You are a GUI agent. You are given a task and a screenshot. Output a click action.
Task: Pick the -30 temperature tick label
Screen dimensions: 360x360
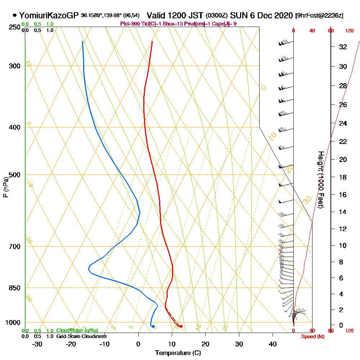[x=37, y=344]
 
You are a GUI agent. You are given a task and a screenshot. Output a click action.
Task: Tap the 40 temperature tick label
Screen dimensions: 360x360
[x=273, y=344]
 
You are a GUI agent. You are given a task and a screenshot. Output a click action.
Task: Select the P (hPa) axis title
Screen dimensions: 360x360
[x=5, y=187]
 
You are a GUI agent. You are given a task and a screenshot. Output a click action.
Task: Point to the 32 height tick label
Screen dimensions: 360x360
[x=343, y=47]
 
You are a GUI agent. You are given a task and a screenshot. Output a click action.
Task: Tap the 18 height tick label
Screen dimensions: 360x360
[x=343, y=177]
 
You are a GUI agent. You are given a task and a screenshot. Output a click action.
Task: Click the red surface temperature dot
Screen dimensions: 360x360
[x=181, y=326]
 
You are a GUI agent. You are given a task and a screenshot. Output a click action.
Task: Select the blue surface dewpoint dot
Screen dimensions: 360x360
[x=153, y=326]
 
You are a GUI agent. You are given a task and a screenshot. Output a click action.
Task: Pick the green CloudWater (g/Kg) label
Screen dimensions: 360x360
[x=77, y=330]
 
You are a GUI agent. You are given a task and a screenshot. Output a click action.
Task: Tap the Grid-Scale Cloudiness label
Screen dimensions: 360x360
[x=81, y=336]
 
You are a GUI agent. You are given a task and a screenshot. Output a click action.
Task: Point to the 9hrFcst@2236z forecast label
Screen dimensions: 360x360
[x=319, y=16]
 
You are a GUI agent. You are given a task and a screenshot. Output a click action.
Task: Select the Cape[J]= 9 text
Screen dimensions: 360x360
[x=226, y=24]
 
